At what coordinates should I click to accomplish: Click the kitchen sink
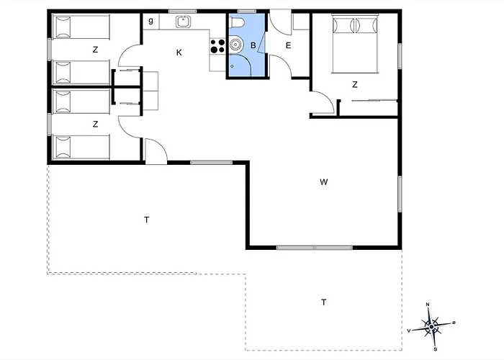click(x=184, y=22)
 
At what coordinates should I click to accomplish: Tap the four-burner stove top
click(x=217, y=46)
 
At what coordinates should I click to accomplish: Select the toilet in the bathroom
click(x=237, y=22)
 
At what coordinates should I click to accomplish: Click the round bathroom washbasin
click(x=236, y=45)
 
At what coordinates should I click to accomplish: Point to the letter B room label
click(x=253, y=45)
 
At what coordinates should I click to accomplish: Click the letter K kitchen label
click(x=179, y=53)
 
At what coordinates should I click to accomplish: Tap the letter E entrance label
click(x=288, y=45)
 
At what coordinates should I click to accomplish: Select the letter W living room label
click(x=324, y=182)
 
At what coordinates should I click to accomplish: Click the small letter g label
click(x=150, y=21)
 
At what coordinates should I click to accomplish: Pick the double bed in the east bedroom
click(x=355, y=44)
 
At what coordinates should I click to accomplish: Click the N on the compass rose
click(x=428, y=305)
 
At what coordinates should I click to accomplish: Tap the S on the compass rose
click(x=435, y=349)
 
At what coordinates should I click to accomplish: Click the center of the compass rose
click(x=431, y=327)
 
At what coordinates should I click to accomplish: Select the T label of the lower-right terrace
click(x=324, y=302)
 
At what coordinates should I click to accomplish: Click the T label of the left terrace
click(x=147, y=220)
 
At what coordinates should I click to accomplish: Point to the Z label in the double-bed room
click(x=355, y=85)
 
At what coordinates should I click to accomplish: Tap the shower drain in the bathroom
click(x=232, y=66)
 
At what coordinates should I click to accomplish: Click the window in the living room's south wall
click(x=315, y=248)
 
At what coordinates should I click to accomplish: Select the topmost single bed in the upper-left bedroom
click(x=81, y=27)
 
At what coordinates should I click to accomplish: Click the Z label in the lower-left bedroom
click(x=95, y=125)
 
